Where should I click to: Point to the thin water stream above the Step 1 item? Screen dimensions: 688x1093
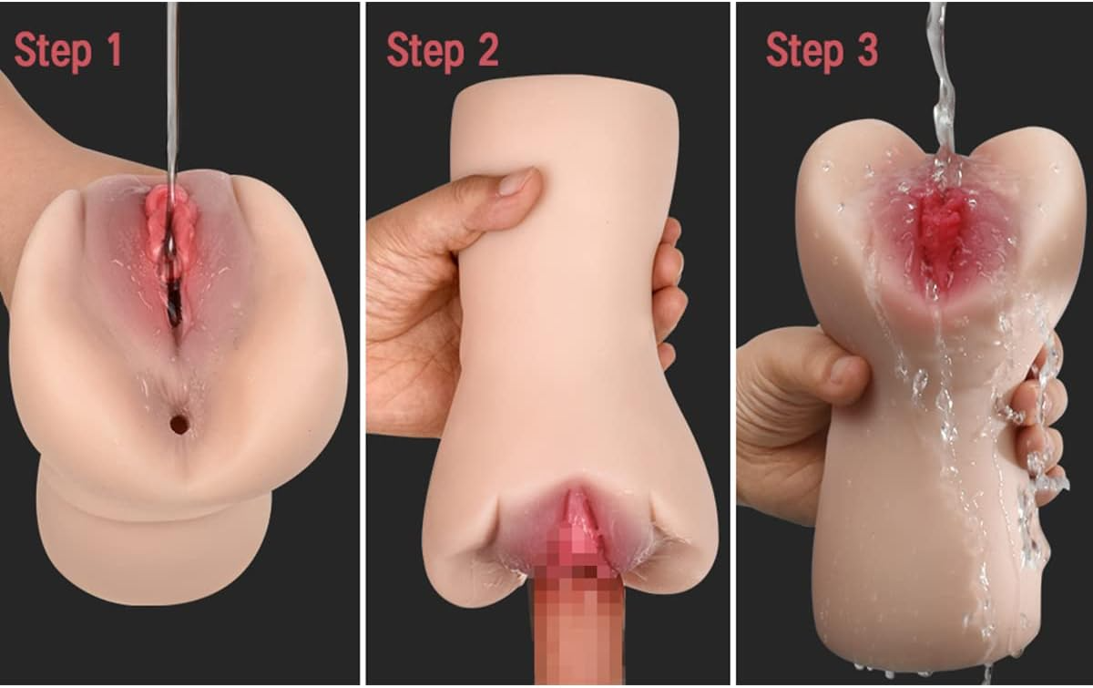click(171, 91)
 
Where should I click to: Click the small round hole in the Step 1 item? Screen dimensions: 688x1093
click(179, 424)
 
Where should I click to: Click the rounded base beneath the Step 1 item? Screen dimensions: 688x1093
click(155, 547)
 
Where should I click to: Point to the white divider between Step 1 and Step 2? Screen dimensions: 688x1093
click(362, 344)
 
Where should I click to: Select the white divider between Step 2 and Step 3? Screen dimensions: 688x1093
click(732, 344)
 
